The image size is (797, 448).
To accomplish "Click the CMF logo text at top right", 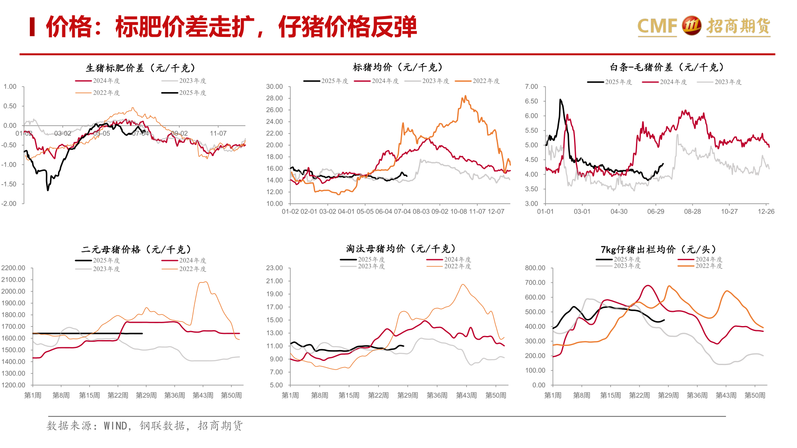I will tap(657, 26).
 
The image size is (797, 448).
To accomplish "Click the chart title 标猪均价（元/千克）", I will tap(398, 67).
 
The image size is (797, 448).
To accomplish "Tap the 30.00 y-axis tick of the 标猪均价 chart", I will tap(274, 87).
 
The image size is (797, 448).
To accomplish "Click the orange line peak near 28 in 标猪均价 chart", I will tap(465, 96).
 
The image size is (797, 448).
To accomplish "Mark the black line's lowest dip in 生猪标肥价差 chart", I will tap(48, 190).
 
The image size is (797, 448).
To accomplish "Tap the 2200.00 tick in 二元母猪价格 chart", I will tap(13, 268).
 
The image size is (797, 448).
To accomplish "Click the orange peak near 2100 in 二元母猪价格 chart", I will tap(203, 282).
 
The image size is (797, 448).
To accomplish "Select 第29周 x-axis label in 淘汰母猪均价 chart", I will tap(407, 395).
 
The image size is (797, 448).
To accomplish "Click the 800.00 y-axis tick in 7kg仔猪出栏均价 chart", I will tap(535, 268).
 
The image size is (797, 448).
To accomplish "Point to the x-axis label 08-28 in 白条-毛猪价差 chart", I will tap(692, 212).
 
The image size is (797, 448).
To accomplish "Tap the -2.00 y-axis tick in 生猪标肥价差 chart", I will tap(9, 204).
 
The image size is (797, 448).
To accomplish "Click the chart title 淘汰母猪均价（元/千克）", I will tap(401, 249).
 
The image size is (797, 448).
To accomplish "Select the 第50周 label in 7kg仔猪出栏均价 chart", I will tap(754, 395).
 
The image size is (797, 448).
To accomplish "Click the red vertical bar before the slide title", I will tap(32, 27).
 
